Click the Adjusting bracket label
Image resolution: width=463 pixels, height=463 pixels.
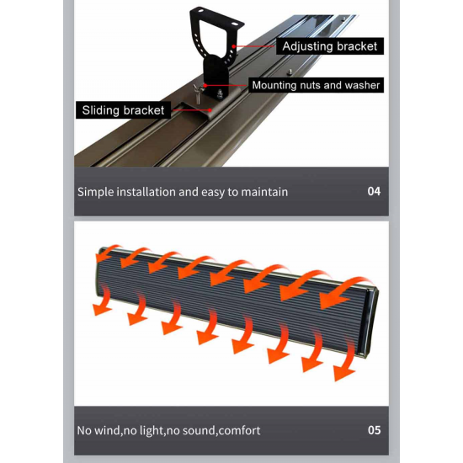[330, 46]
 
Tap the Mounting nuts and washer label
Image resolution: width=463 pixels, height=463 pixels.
[316, 85]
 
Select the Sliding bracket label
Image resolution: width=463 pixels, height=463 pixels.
[123, 110]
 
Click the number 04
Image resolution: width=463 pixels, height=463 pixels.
[374, 191]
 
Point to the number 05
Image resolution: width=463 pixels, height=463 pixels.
[374, 430]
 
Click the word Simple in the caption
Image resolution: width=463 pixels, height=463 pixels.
[95, 192]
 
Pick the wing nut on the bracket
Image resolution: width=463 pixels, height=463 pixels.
[197, 92]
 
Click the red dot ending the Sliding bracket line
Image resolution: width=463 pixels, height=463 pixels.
[210, 110]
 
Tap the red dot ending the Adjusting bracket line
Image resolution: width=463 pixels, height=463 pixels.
[233, 46]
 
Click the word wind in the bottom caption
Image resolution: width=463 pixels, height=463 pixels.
[107, 430]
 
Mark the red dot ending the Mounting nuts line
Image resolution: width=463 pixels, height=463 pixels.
[205, 85]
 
